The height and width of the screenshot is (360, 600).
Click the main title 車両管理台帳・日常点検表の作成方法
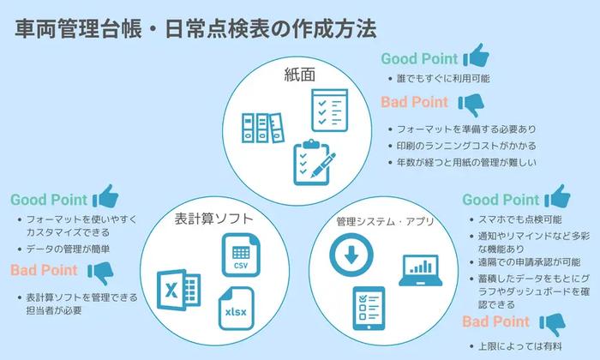195,30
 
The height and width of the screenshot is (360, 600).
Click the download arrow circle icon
352,256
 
